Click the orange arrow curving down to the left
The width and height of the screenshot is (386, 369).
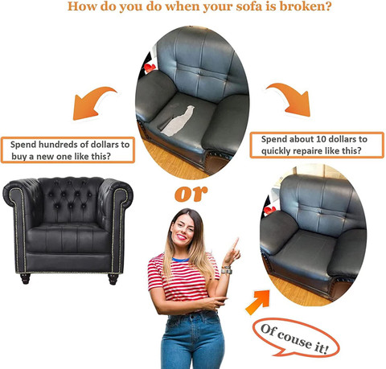[x=94, y=103]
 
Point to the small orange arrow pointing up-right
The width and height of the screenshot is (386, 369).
[x=257, y=302]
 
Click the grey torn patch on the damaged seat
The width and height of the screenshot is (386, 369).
[x=179, y=121]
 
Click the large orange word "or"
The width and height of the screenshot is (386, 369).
[x=191, y=194]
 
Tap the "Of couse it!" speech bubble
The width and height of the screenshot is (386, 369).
[x=296, y=338]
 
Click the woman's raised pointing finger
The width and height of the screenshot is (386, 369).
[x=236, y=244]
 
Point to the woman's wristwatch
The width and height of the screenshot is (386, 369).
[x=227, y=270]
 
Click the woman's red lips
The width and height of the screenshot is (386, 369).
[x=182, y=237]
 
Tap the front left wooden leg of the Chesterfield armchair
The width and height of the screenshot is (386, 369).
[x=25, y=279]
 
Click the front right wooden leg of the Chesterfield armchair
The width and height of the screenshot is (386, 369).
[x=113, y=279]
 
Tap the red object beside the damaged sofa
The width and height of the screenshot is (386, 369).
[x=150, y=68]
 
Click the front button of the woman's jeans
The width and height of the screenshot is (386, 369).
[x=192, y=317]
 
